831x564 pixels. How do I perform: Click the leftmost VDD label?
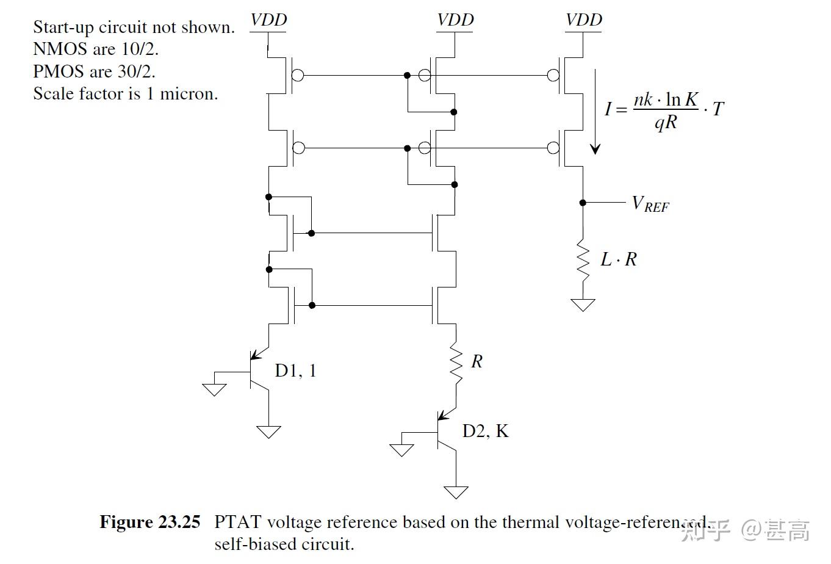point(268,20)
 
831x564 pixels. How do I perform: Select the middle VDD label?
point(455,20)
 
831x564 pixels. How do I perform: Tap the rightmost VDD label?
point(583,20)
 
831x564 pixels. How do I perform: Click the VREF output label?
point(650,204)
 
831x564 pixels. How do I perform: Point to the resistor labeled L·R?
point(583,261)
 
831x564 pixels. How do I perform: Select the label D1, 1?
point(296,371)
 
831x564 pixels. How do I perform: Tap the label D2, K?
point(485,431)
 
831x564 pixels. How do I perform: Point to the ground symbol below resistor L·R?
point(583,304)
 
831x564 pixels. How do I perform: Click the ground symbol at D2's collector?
point(456,491)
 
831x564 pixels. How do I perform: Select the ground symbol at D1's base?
point(214,389)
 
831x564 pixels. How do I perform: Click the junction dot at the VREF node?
point(583,203)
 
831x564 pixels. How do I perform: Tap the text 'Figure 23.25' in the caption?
point(149,522)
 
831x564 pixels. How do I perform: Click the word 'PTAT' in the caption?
point(237,522)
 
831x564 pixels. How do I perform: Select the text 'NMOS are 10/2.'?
point(96,49)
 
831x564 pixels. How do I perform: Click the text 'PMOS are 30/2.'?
point(94,71)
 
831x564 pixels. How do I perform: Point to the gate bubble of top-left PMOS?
point(298,76)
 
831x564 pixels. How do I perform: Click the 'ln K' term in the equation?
point(682,99)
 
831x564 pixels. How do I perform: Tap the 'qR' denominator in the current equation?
point(665,123)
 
